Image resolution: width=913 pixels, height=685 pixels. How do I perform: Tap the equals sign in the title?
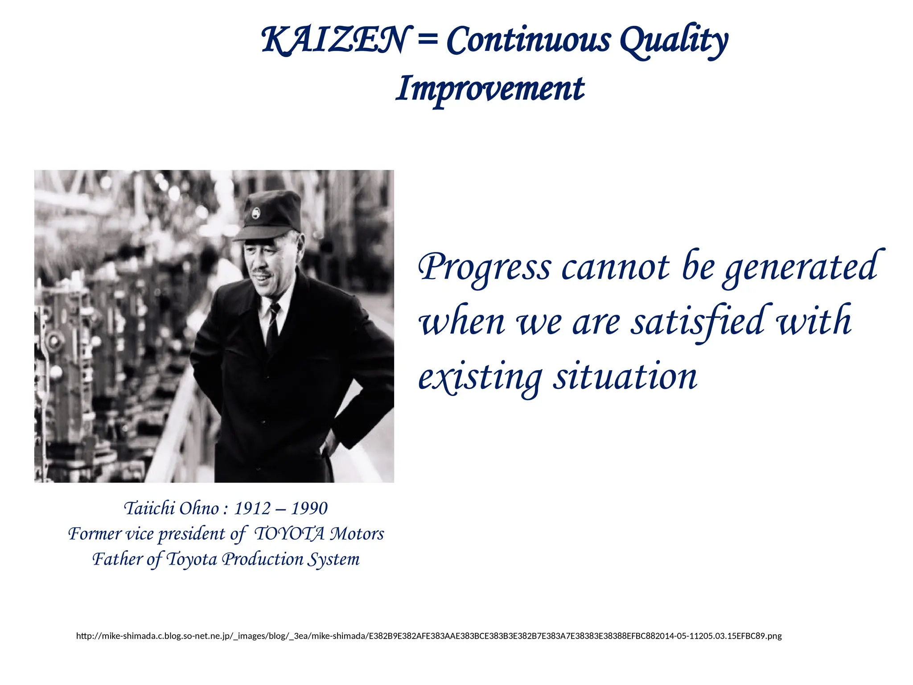click(428, 40)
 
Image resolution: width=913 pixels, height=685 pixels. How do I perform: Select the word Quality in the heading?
click(674, 41)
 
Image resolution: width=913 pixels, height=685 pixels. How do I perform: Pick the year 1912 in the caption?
click(253, 508)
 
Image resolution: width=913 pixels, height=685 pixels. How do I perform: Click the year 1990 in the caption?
click(309, 508)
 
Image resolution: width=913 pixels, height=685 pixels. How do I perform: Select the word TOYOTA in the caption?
click(289, 534)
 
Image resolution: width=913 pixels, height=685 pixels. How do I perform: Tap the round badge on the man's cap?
click(256, 213)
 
